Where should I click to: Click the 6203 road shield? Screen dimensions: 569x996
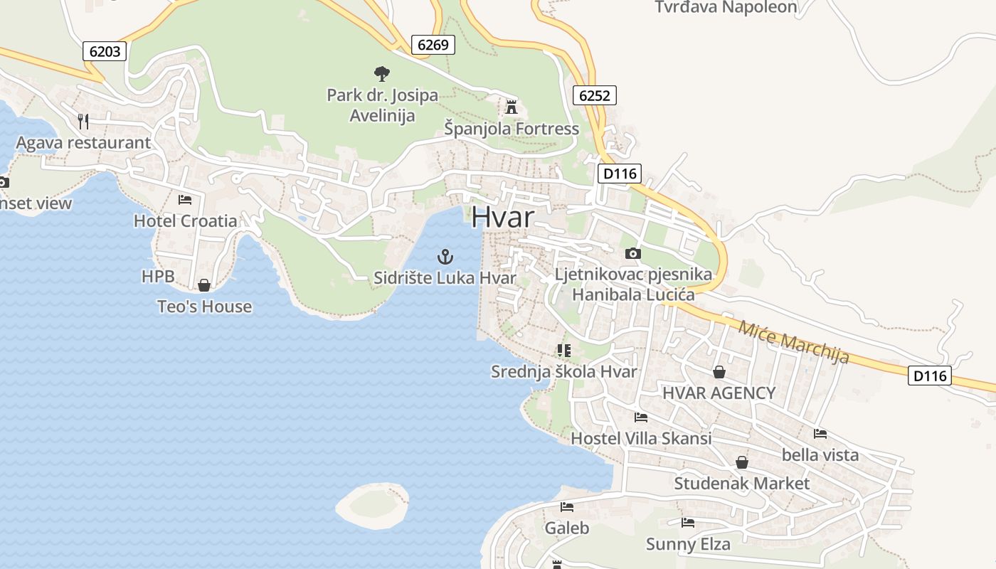click(x=105, y=51)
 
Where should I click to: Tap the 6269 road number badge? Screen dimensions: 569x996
click(x=433, y=45)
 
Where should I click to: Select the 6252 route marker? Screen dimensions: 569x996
click(x=594, y=95)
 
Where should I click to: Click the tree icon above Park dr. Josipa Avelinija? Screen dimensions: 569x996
click(x=382, y=73)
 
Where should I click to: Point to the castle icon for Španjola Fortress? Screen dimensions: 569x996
click(x=511, y=107)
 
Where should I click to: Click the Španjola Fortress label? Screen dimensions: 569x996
click(x=512, y=129)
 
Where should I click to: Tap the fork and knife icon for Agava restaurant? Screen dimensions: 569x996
click(x=83, y=122)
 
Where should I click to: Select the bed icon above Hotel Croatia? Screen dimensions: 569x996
click(x=185, y=200)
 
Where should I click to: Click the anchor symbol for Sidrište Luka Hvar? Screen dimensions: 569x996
click(x=445, y=257)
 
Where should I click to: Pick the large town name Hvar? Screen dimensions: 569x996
click(x=502, y=217)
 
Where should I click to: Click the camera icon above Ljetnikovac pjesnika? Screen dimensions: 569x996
click(x=632, y=253)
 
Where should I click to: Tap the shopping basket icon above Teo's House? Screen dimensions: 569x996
click(x=204, y=285)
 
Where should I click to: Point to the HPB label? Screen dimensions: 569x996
click(x=158, y=277)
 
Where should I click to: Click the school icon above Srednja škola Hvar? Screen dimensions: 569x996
click(x=564, y=350)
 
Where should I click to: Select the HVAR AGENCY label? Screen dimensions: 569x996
click(x=719, y=393)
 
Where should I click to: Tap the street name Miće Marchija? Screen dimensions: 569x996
click(x=794, y=341)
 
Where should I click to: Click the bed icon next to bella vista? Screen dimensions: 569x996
click(x=820, y=433)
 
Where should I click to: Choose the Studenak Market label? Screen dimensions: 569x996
click(x=741, y=484)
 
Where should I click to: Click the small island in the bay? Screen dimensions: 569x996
click(x=372, y=504)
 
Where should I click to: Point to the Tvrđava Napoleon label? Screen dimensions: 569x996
click(x=726, y=8)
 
